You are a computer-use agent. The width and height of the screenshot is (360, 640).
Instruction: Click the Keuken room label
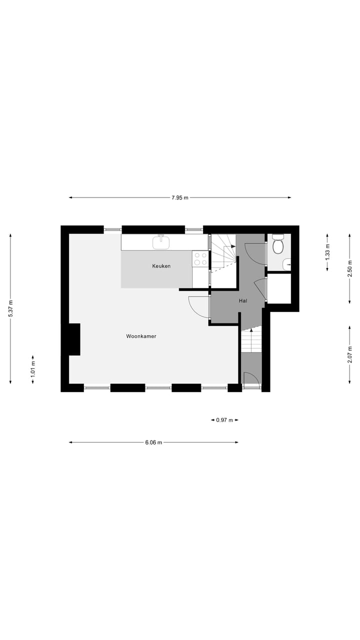pyautogui.click(x=161, y=266)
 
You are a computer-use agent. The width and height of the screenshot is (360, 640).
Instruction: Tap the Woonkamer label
pyautogui.click(x=141, y=336)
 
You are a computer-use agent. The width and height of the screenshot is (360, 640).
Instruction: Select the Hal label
pyautogui.click(x=243, y=301)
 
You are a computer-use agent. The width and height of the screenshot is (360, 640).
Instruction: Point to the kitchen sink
pyautogui.click(x=161, y=242)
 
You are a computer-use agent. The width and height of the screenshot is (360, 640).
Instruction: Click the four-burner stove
pyautogui.click(x=200, y=258)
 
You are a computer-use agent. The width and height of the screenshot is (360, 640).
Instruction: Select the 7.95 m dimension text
pyautogui.click(x=180, y=197)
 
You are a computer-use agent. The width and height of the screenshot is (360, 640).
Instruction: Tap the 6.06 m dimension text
pyautogui.click(x=153, y=442)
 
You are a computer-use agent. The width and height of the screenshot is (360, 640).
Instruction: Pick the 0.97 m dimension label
pyautogui.click(x=224, y=420)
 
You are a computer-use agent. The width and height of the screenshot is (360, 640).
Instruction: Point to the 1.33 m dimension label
pyautogui.click(x=327, y=252)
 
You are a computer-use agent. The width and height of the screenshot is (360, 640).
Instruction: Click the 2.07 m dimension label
pyautogui.click(x=349, y=354)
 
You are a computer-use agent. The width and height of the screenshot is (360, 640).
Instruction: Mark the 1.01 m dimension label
pyautogui.click(x=33, y=369)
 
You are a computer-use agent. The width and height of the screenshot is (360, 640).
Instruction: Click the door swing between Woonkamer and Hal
pyautogui.click(x=199, y=307)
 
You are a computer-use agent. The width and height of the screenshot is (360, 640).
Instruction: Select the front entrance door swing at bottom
pyautogui.click(x=251, y=378)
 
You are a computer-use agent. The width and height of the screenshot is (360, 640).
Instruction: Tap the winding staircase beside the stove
pyautogui.click(x=222, y=253)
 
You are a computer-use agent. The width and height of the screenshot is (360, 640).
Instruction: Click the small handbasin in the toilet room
pyautogui.click(x=287, y=264)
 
